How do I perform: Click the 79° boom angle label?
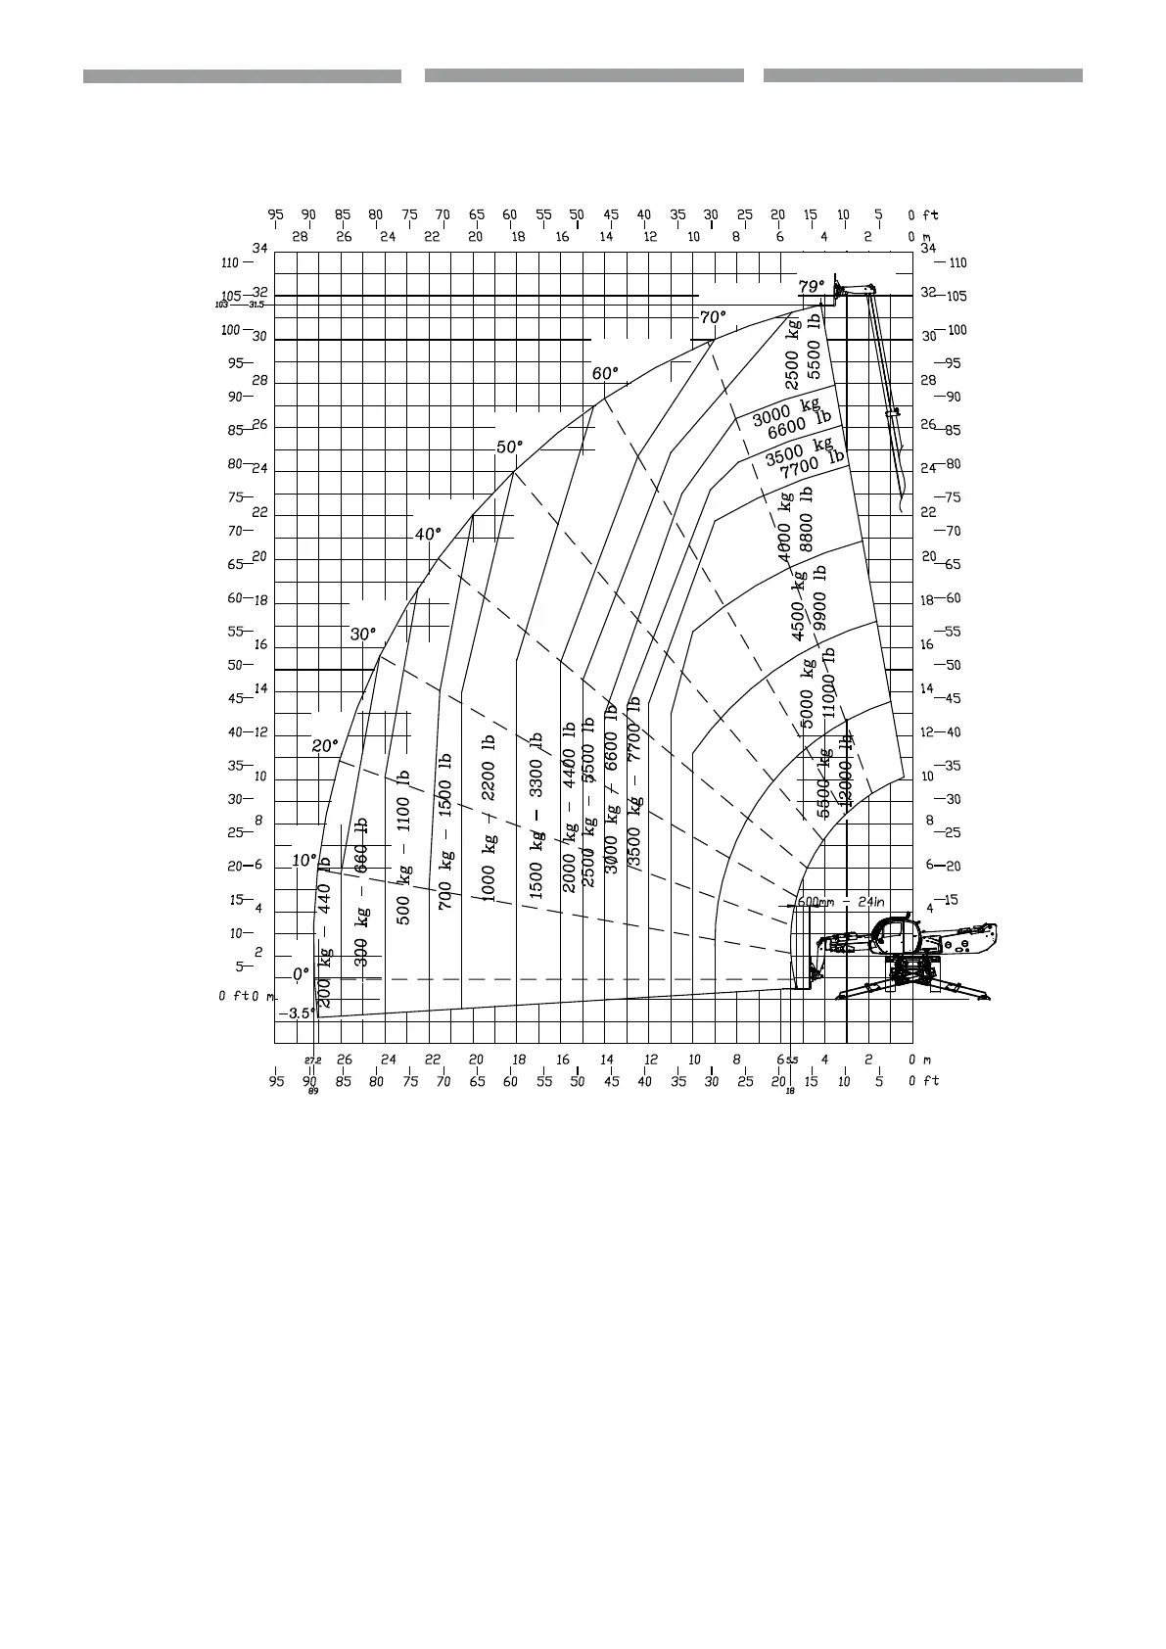pyautogui.click(x=812, y=287)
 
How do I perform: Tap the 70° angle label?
pyautogui.click(x=713, y=317)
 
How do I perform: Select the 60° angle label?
pyautogui.click(x=605, y=373)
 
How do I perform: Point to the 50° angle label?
pyautogui.click(x=509, y=447)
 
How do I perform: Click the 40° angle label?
pyautogui.click(x=428, y=534)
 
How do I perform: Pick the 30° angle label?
pyautogui.click(x=362, y=635)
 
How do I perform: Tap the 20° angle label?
pyautogui.click(x=325, y=745)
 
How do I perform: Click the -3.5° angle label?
pyautogui.click(x=296, y=1013)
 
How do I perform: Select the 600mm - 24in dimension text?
pyautogui.click(x=841, y=902)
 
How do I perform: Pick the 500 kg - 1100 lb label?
pyautogui.click(x=403, y=848)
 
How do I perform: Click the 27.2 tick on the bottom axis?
pyautogui.click(x=312, y=1060)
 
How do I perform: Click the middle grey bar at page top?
pyautogui.click(x=583, y=75)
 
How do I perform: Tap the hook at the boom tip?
pyautogui.click(x=900, y=495)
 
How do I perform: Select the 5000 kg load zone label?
pyautogui.click(x=808, y=693)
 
